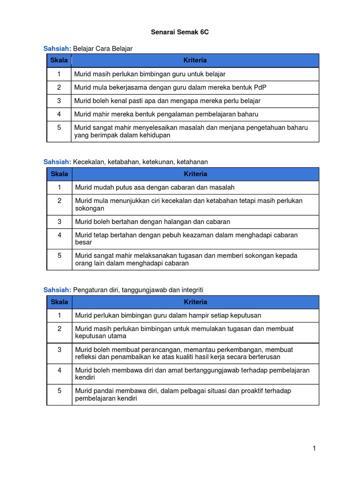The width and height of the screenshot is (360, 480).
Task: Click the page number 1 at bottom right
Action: pyautogui.click(x=315, y=449)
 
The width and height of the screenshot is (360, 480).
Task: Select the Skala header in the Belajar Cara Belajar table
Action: pyautogui.click(x=59, y=60)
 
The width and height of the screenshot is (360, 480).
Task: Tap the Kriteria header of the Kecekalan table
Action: pyautogui.click(x=195, y=174)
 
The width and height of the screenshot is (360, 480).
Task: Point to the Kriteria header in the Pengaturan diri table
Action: pyautogui.click(x=195, y=302)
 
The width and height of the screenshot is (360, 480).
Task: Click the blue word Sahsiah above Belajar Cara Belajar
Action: pyautogui.click(x=57, y=48)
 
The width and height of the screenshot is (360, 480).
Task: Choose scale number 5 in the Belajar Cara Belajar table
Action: pyautogui.click(x=60, y=127)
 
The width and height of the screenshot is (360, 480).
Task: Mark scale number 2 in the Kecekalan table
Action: pyautogui.click(x=60, y=201)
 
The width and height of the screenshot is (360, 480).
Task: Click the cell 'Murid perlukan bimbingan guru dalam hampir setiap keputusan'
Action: pyautogui.click(x=168, y=315)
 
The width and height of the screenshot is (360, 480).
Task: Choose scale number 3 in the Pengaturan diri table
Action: pyautogui.click(x=60, y=350)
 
